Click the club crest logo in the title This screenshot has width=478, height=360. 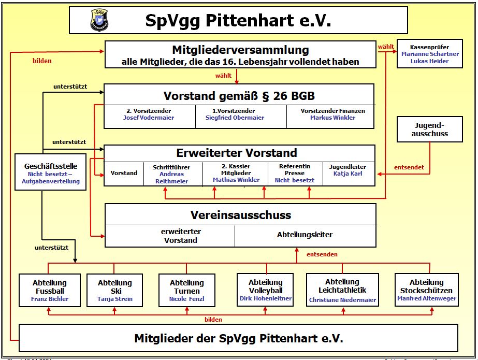tap(99, 20)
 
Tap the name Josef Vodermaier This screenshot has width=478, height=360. tap(149, 118)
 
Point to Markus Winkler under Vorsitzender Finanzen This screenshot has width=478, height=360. tap(332, 118)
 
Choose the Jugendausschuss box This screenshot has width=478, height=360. tap(430, 129)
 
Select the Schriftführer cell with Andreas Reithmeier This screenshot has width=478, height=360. tap(171, 174)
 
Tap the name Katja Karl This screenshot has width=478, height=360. tap(347, 174)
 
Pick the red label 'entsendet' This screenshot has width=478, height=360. tap(409, 167)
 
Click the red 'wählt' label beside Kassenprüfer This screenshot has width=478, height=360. tap(386, 47)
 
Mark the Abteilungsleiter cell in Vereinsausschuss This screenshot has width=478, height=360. tap(305, 235)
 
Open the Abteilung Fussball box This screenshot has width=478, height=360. tap(50, 290)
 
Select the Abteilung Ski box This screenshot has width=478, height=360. tap(115, 290)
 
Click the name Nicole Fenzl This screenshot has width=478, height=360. tap(187, 299)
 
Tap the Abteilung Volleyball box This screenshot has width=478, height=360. tap(266, 290)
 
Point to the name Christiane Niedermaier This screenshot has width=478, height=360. tap(342, 300)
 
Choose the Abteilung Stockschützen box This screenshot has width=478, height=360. tap(427, 290)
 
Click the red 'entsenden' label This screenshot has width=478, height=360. tap(322, 254)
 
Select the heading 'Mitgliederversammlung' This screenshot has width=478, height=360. tap(240, 50)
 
